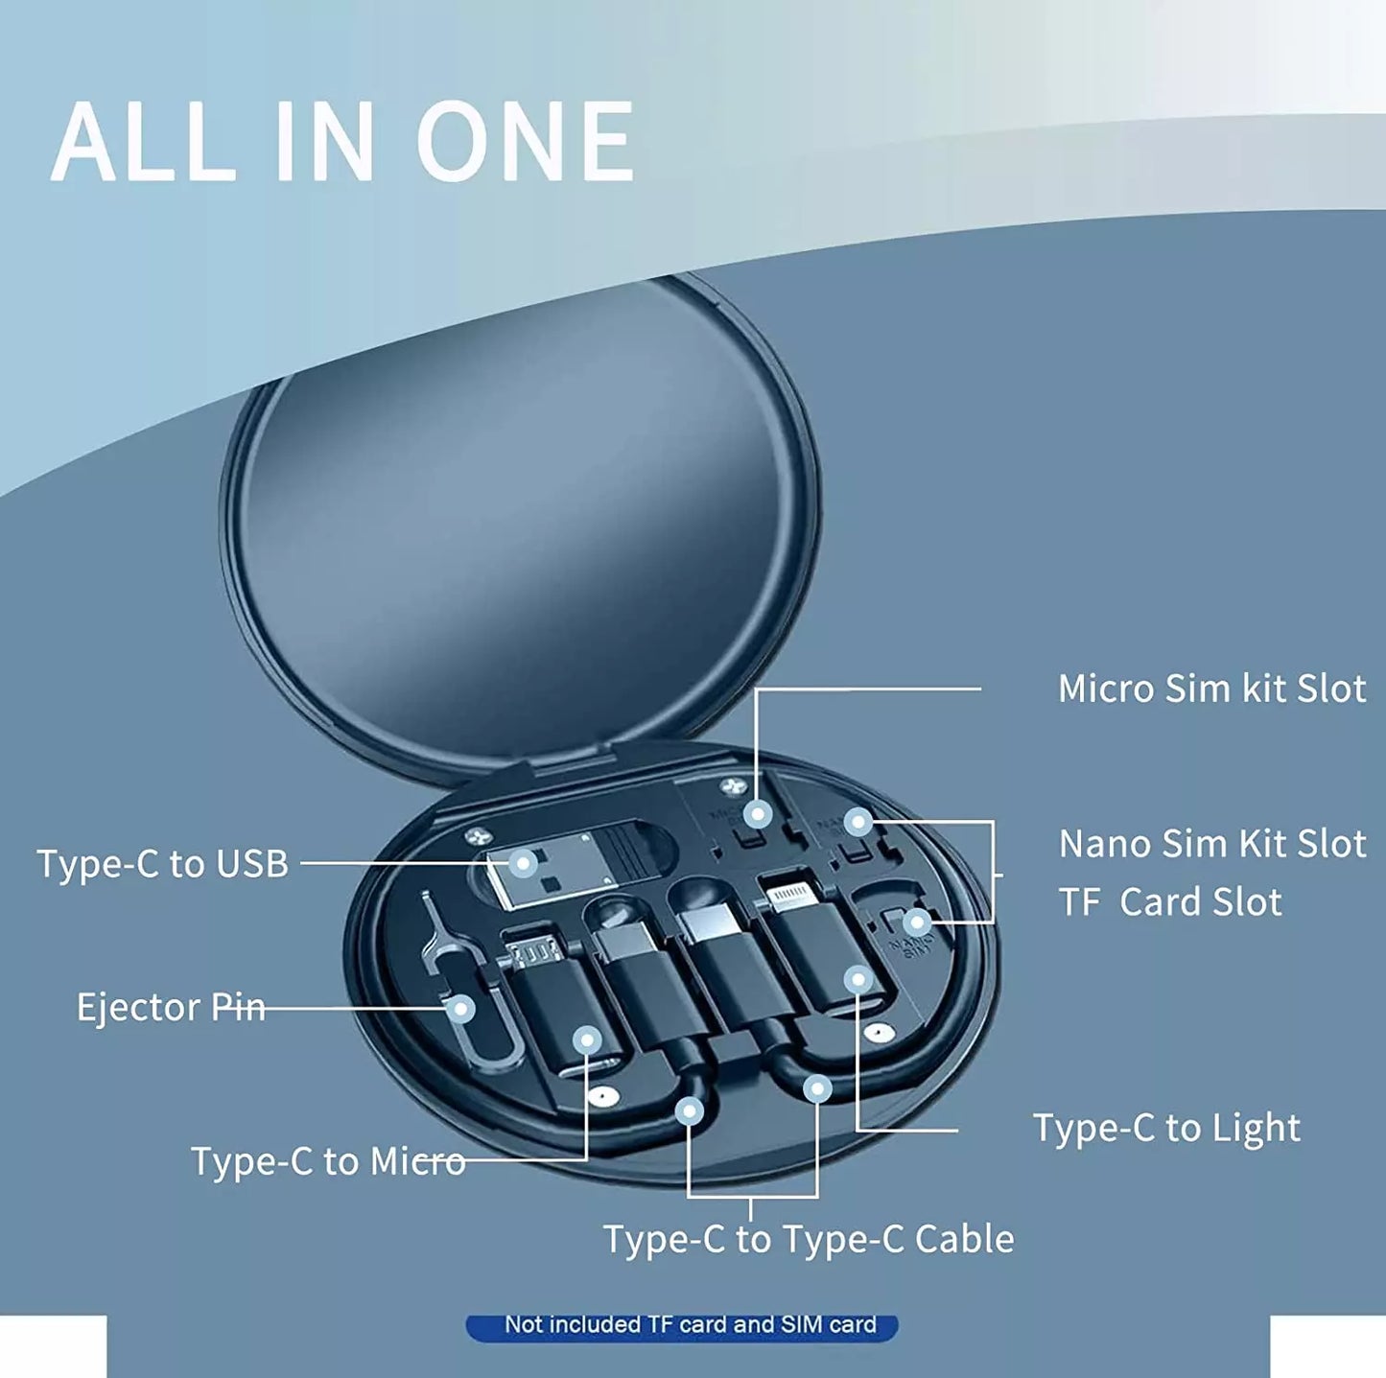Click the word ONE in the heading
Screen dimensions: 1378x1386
tap(527, 142)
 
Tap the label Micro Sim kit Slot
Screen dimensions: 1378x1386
tap(1211, 689)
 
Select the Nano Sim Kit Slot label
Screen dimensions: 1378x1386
tap(1211, 844)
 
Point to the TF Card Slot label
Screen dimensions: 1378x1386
tap(1169, 902)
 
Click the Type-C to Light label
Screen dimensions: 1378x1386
tap(1166, 1128)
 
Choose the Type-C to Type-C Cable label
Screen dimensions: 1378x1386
tap(808, 1239)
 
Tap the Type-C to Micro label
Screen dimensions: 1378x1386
tap(328, 1161)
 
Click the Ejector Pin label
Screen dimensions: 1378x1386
tap(171, 1007)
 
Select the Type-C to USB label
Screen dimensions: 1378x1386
tap(162, 863)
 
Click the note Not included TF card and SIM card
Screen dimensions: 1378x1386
tap(690, 1325)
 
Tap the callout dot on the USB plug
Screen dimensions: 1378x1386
tap(523, 863)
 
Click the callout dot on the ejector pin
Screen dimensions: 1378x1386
tap(461, 1009)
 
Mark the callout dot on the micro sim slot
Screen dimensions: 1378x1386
tap(758, 815)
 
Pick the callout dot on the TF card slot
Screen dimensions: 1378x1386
tap(917, 923)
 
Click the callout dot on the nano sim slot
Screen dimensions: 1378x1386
tap(858, 821)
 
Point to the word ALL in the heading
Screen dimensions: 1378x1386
tap(144, 142)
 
